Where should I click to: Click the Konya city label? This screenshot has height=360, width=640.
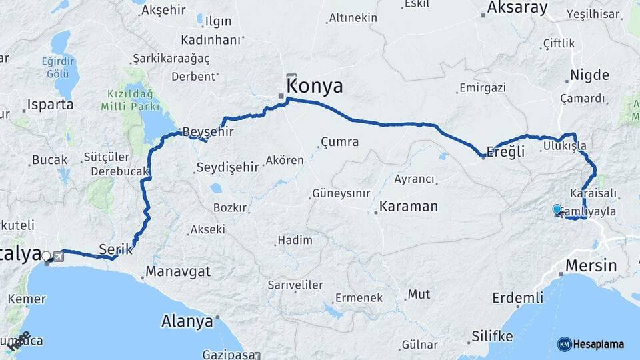point(315,86)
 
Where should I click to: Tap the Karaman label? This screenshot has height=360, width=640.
point(409,206)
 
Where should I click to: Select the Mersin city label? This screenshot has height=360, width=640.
point(591,265)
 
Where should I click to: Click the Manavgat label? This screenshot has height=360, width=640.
point(178,271)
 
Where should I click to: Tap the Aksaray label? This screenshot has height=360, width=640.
point(517,8)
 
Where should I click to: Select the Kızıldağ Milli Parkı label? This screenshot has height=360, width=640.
point(130,100)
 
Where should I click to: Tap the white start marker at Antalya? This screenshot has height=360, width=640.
point(46,255)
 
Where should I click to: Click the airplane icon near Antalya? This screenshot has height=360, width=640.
point(58,257)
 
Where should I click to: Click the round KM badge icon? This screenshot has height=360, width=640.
point(564,345)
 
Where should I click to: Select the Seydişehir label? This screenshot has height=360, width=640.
point(227,167)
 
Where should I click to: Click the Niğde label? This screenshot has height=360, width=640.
point(589,75)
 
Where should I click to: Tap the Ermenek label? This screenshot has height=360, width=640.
point(359,298)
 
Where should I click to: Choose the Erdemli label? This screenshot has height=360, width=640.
point(518,297)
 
